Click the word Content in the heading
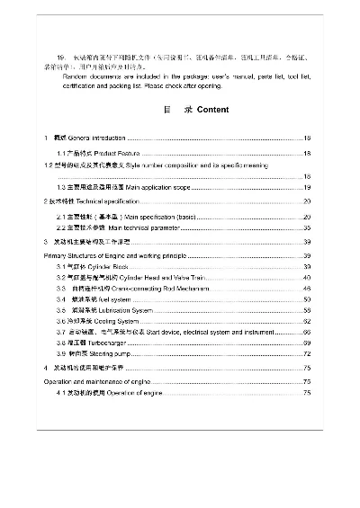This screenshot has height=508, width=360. [x=211, y=110]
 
